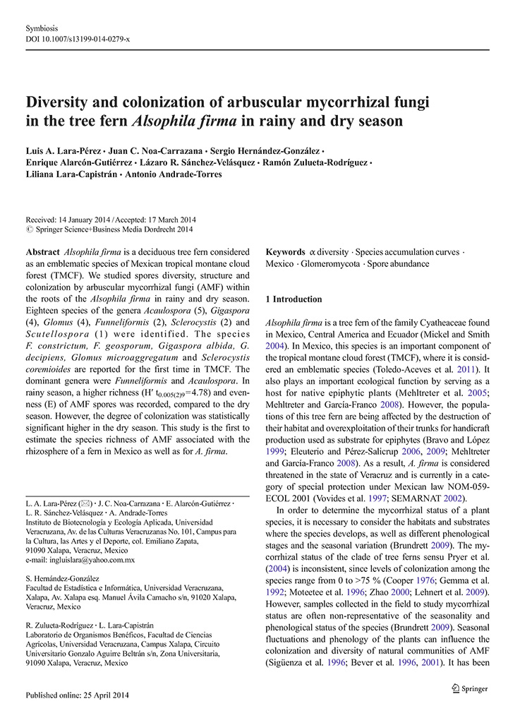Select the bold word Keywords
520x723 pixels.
pyautogui.click(x=286, y=253)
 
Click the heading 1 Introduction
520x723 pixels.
pyautogui.click(x=294, y=299)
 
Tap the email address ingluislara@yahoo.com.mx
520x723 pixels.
pyautogui.click(x=80, y=559)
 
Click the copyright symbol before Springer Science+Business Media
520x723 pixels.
pyautogui.click(x=28, y=229)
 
